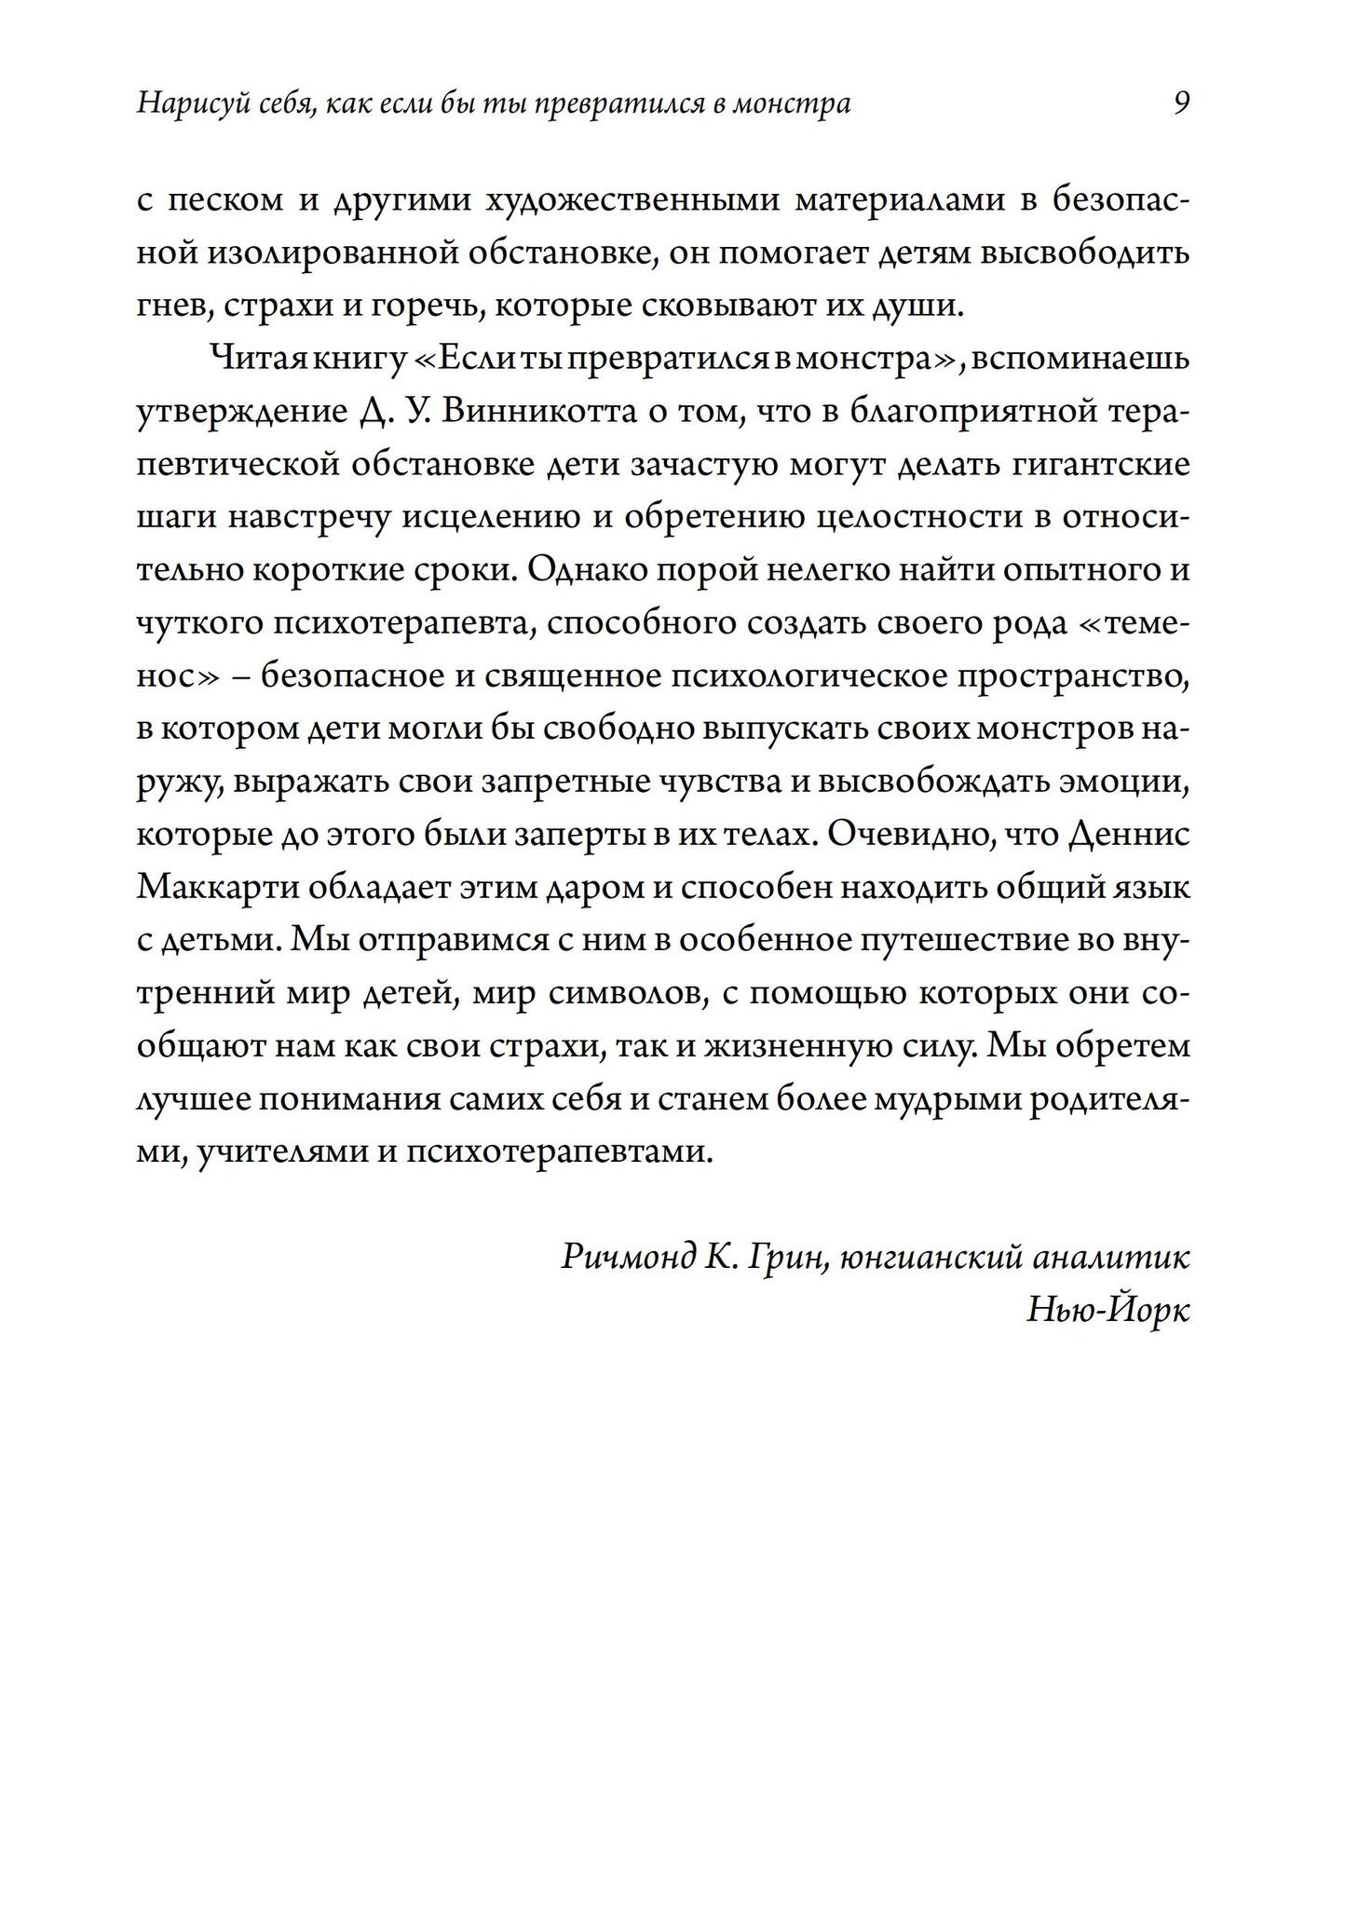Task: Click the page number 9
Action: (1180, 102)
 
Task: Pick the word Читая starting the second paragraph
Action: (250, 359)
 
